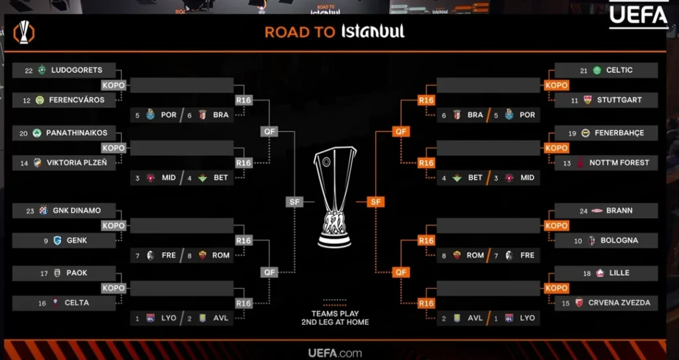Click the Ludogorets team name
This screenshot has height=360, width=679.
76,70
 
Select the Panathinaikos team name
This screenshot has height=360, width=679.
76,133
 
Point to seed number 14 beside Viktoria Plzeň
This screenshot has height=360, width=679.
23,162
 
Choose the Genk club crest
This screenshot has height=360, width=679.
57,240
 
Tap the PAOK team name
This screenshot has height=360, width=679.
77,272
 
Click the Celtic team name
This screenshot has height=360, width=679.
619,70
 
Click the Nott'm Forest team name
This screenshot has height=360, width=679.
619,162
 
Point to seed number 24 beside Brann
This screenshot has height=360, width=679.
584,210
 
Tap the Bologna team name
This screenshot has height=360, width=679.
619,240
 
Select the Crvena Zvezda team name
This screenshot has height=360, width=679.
619,302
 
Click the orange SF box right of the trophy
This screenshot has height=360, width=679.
375,202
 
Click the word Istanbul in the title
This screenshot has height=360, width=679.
372,31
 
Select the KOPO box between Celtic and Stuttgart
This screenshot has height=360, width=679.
556,86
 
